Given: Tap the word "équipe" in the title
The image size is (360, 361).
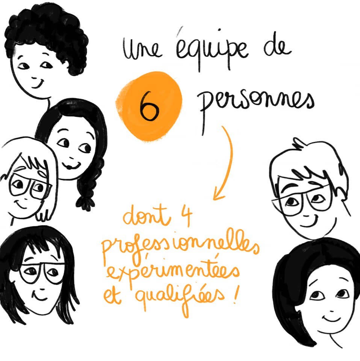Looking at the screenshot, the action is [x=212, y=50].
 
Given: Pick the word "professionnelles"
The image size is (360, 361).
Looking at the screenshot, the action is [x=181, y=247].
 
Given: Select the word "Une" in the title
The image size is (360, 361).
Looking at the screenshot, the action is [x=142, y=49].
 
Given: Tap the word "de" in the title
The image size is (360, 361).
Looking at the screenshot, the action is [x=277, y=47].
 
